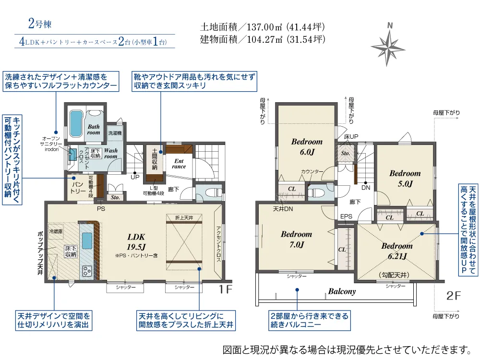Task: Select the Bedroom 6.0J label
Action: [x=307, y=146]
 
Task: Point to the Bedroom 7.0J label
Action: [x=296, y=239]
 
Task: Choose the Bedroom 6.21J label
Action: [x=397, y=250]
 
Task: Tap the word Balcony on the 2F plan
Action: [x=342, y=291]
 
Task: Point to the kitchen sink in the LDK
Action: [x=87, y=239]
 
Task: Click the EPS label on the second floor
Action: [x=346, y=216]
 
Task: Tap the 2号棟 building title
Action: [x=37, y=24]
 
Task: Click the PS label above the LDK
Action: [x=101, y=209]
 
